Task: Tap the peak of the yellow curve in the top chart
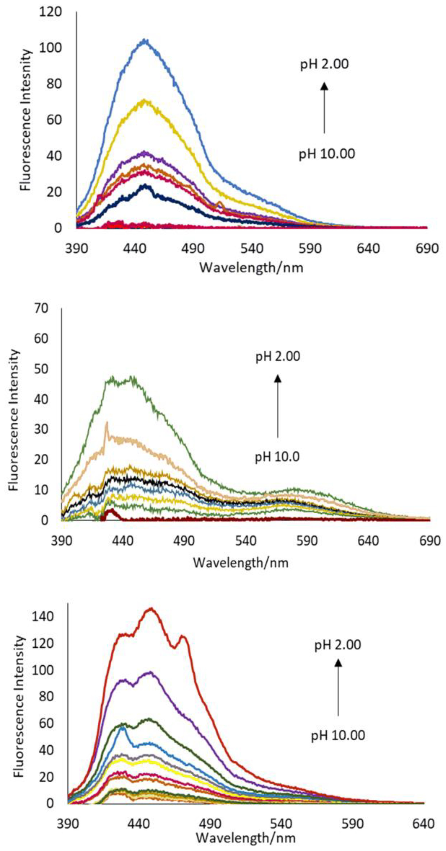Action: click(x=145, y=100)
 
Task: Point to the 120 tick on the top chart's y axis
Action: click(x=50, y=12)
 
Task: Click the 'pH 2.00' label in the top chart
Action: click(x=324, y=64)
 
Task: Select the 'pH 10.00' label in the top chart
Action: click(x=327, y=154)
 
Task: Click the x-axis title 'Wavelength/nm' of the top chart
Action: click(x=251, y=267)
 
